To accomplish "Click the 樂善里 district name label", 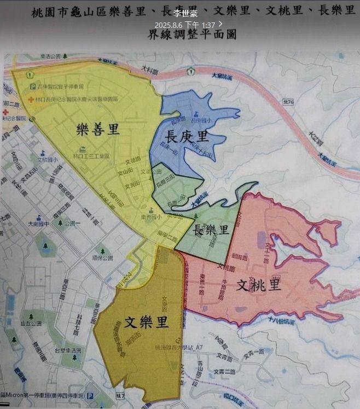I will pyautogui.click(x=98, y=129).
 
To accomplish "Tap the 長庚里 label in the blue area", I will pyautogui.click(x=187, y=136).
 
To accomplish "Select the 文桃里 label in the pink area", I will pyautogui.click(x=259, y=285).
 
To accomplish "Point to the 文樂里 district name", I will pyautogui.click(x=147, y=322).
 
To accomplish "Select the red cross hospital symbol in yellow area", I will pyautogui.click(x=30, y=100).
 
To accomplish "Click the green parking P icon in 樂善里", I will pyautogui.click(x=32, y=87).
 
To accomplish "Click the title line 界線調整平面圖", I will pyautogui.click(x=192, y=34).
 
